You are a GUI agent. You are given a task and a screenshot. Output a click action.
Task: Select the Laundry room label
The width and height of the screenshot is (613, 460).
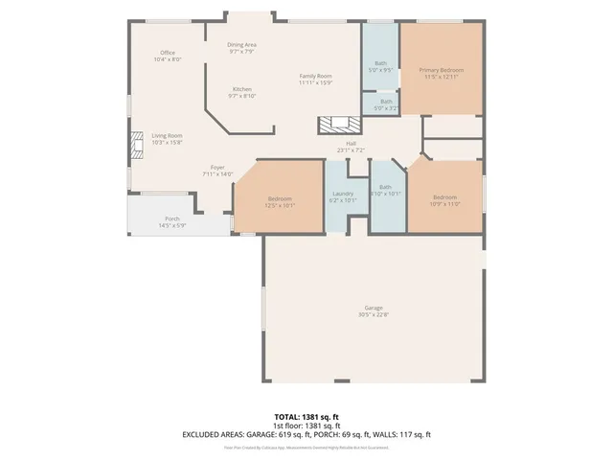pyautogui.click(x=342, y=195)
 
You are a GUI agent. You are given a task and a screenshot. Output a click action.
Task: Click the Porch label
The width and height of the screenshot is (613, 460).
pyautogui.click(x=171, y=221)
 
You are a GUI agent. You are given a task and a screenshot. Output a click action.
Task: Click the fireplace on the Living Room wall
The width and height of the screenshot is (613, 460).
pyautogui.click(x=133, y=145)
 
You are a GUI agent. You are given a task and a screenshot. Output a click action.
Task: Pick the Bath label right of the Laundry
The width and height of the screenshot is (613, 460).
pyautogui.click(x=385, y=190)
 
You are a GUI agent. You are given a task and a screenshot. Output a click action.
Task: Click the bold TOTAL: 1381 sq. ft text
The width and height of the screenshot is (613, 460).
pyautogui.click(x=306, y=417)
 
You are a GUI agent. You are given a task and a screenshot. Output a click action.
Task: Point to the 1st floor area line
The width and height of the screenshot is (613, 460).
pyautogui.click(x=306, y=425)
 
